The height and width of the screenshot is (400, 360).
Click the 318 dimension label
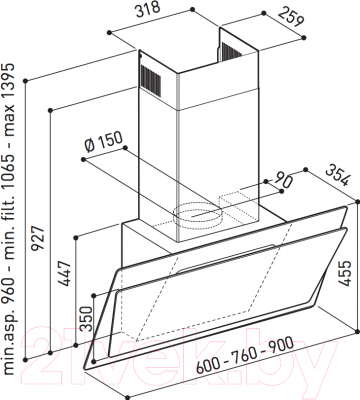point(148,10)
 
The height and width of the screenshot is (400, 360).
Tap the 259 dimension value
point(291,17)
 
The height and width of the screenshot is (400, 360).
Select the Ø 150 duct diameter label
point(103,143)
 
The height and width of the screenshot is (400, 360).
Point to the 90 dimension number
point(283,180)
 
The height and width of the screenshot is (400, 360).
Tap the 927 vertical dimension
point(38,238)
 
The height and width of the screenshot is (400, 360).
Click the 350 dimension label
point(86,318)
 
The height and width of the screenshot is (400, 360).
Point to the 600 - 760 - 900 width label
point(245,355)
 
